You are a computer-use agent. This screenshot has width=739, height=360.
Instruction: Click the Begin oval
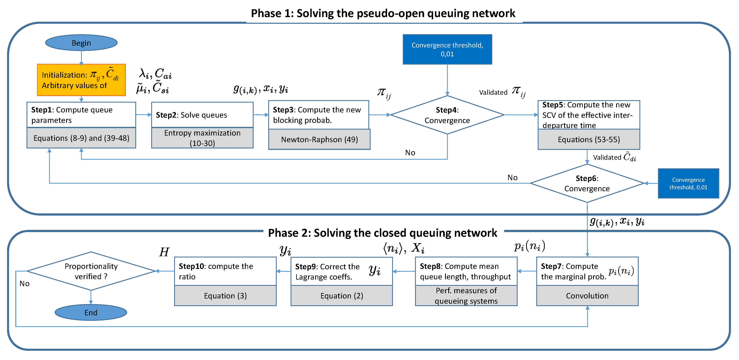(81, 43)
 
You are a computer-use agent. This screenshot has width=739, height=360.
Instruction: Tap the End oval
(91, 312)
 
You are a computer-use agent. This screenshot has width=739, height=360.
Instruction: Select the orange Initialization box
(81, 80)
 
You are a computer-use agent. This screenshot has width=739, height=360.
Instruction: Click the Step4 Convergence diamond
(447, 115)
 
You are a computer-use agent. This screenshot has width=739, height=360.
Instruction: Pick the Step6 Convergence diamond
(587, 183)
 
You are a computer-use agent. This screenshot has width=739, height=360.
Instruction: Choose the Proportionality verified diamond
(91, 271)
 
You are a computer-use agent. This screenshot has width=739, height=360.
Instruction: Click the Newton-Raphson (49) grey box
(319, 139)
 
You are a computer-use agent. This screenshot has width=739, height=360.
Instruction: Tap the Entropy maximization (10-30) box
(202, 138)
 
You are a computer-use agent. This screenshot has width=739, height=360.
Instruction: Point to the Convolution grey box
(587, 296)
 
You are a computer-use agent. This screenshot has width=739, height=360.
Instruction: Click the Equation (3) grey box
(225, 296)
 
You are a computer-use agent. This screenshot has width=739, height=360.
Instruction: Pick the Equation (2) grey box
(341, 296)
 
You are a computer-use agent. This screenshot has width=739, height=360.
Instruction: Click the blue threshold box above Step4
(447, 49)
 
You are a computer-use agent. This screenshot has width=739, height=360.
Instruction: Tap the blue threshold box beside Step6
(688, 183)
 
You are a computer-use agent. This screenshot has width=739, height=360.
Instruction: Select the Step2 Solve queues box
(202, 115)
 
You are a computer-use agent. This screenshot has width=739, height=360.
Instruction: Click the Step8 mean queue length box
(466, 271)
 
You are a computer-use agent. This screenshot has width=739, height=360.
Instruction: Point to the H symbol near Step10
(164, 252)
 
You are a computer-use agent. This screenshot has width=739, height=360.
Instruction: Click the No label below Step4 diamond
(410, 153)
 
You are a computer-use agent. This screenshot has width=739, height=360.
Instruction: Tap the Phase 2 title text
(382, 233)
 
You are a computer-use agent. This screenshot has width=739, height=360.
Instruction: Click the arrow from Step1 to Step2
(143, 115)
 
